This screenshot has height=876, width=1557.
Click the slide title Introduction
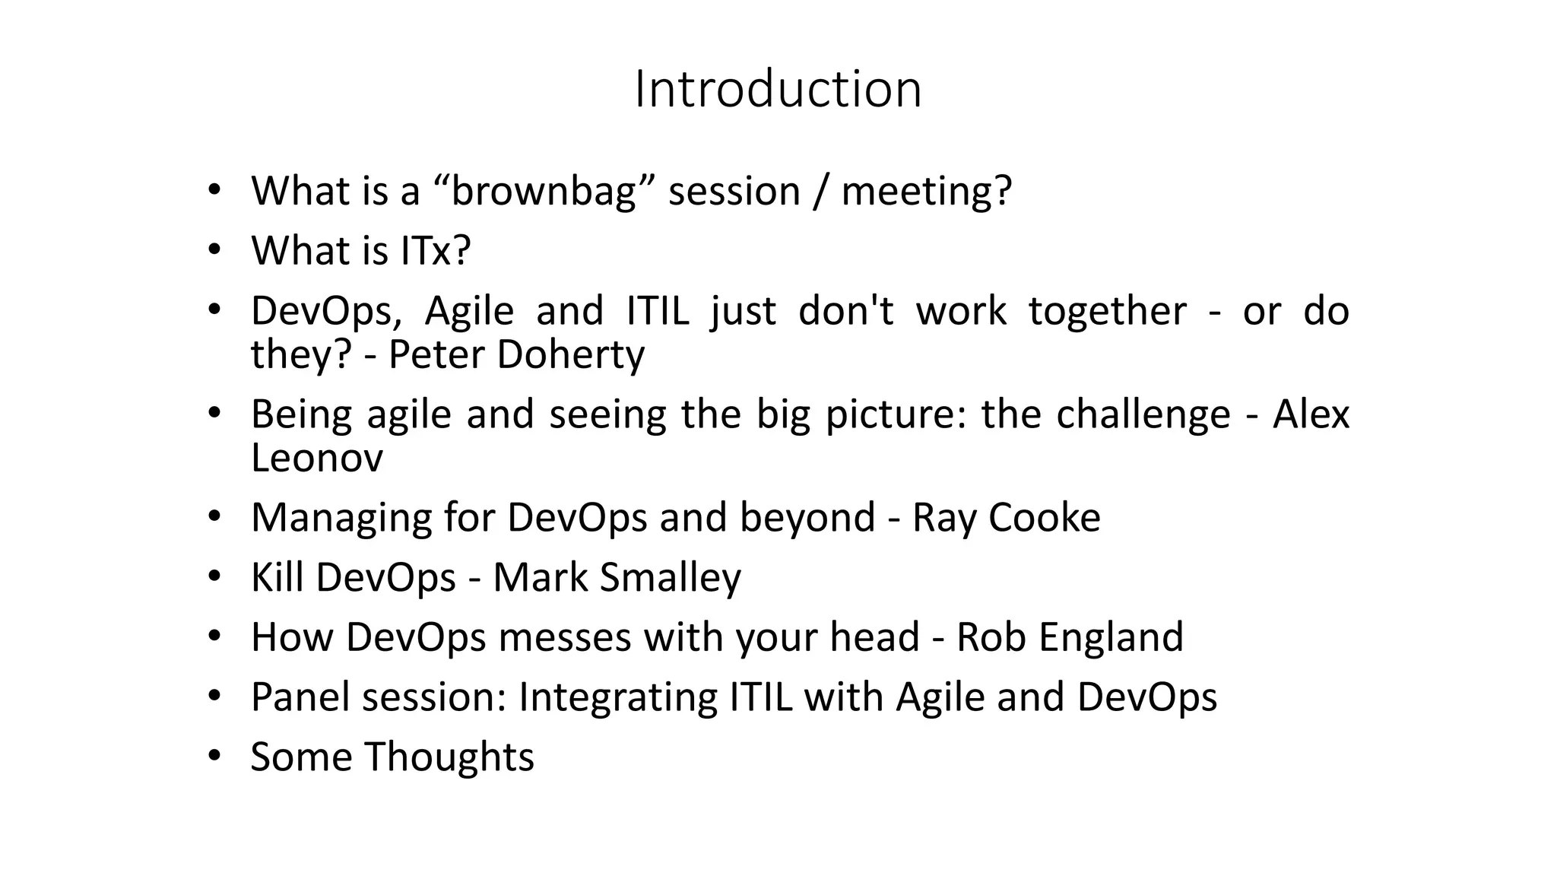[x=778, y=89]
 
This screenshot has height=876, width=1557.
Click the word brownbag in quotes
[x=544, y=191]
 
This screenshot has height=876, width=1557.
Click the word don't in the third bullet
[x=846, y=311]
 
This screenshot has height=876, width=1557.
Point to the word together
[x=1107, y=311]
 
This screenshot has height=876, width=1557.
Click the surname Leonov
[x=317, y=458]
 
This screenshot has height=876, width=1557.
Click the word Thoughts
[x=449, y=757]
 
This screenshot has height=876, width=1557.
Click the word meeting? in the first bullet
[x=926, y=191]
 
